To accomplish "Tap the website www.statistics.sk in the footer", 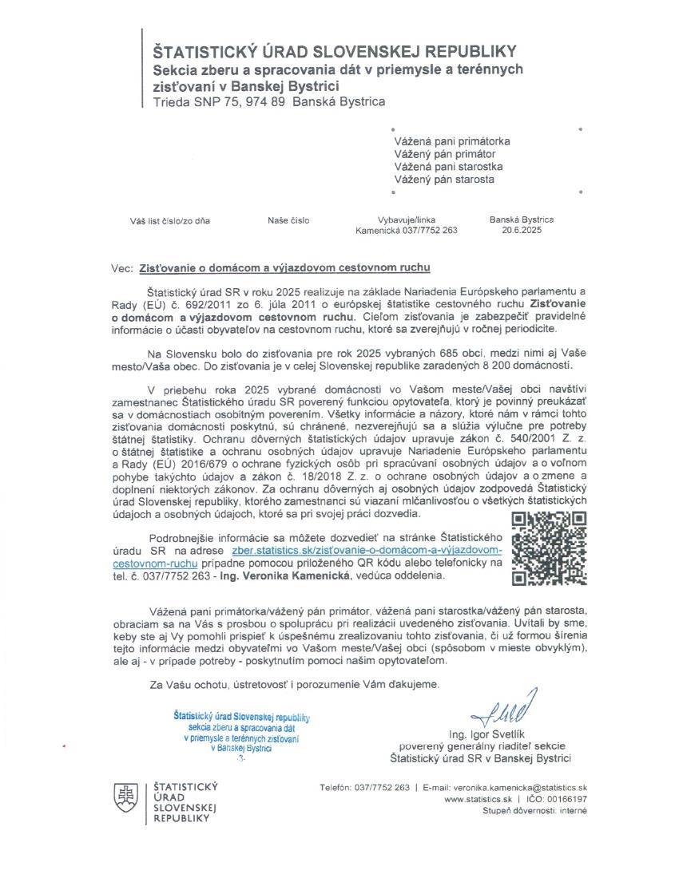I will click(478, 798).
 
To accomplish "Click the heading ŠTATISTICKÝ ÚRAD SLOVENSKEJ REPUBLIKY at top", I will click(336, 52).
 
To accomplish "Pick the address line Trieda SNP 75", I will click(269, 102).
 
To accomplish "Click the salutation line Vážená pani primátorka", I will click(452, 141).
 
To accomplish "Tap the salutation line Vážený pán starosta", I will click(444, 180).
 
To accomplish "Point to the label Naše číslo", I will click(288, 220).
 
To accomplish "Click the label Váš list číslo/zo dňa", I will click(170, 220).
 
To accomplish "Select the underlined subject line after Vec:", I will click(290, 268).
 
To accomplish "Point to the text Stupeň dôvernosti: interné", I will click(534, 810).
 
